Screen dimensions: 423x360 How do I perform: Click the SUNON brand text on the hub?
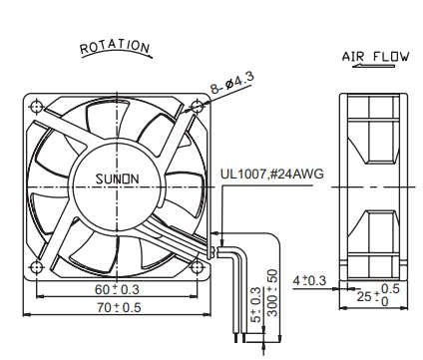click(x=117, y=180)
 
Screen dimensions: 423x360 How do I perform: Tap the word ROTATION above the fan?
click(x=115, y=47)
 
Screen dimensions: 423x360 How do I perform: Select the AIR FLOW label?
click(x=375, y=57)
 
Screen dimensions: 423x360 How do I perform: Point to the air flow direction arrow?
click(x=373, y=66)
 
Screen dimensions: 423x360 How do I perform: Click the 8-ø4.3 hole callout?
click(x=232, y=82)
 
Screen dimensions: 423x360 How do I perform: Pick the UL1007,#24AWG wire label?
click(x=271, y=174)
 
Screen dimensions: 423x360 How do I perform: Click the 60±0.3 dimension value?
click(x=117, y=289)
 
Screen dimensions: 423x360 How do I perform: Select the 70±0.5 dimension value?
click(x=119, y=307)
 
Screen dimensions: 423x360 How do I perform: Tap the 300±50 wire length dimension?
click(x=272, y=293)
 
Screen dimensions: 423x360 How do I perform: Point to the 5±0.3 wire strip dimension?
click(x=257, y=305)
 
